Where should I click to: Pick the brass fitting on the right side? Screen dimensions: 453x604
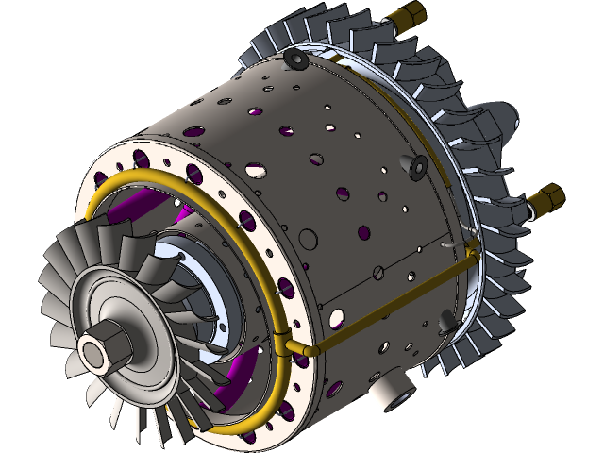545,199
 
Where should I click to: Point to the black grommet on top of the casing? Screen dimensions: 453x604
295,61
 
